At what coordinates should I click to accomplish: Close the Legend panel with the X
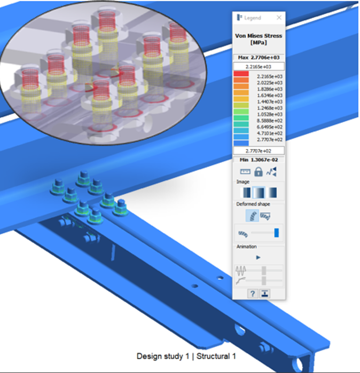click(x=279, y=18)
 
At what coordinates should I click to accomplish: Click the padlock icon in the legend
click(x=259, y=172)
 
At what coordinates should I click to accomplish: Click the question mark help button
click(x=253, y=294)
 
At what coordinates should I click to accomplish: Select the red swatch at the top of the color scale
click(x=241, y=74)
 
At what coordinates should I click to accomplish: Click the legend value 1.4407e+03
click(x=270, y=102)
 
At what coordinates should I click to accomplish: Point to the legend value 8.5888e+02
click(x=270, y=121)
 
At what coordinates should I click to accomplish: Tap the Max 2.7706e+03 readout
click(x=259, y=58)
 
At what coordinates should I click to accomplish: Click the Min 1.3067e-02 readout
click(x=259, y=160)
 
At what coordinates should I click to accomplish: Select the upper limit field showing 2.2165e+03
click(x=259, y=67)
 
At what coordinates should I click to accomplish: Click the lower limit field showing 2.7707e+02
click(x=259, y=151)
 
